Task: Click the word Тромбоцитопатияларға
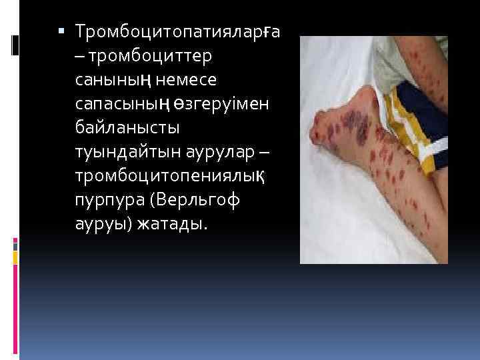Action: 177,31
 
